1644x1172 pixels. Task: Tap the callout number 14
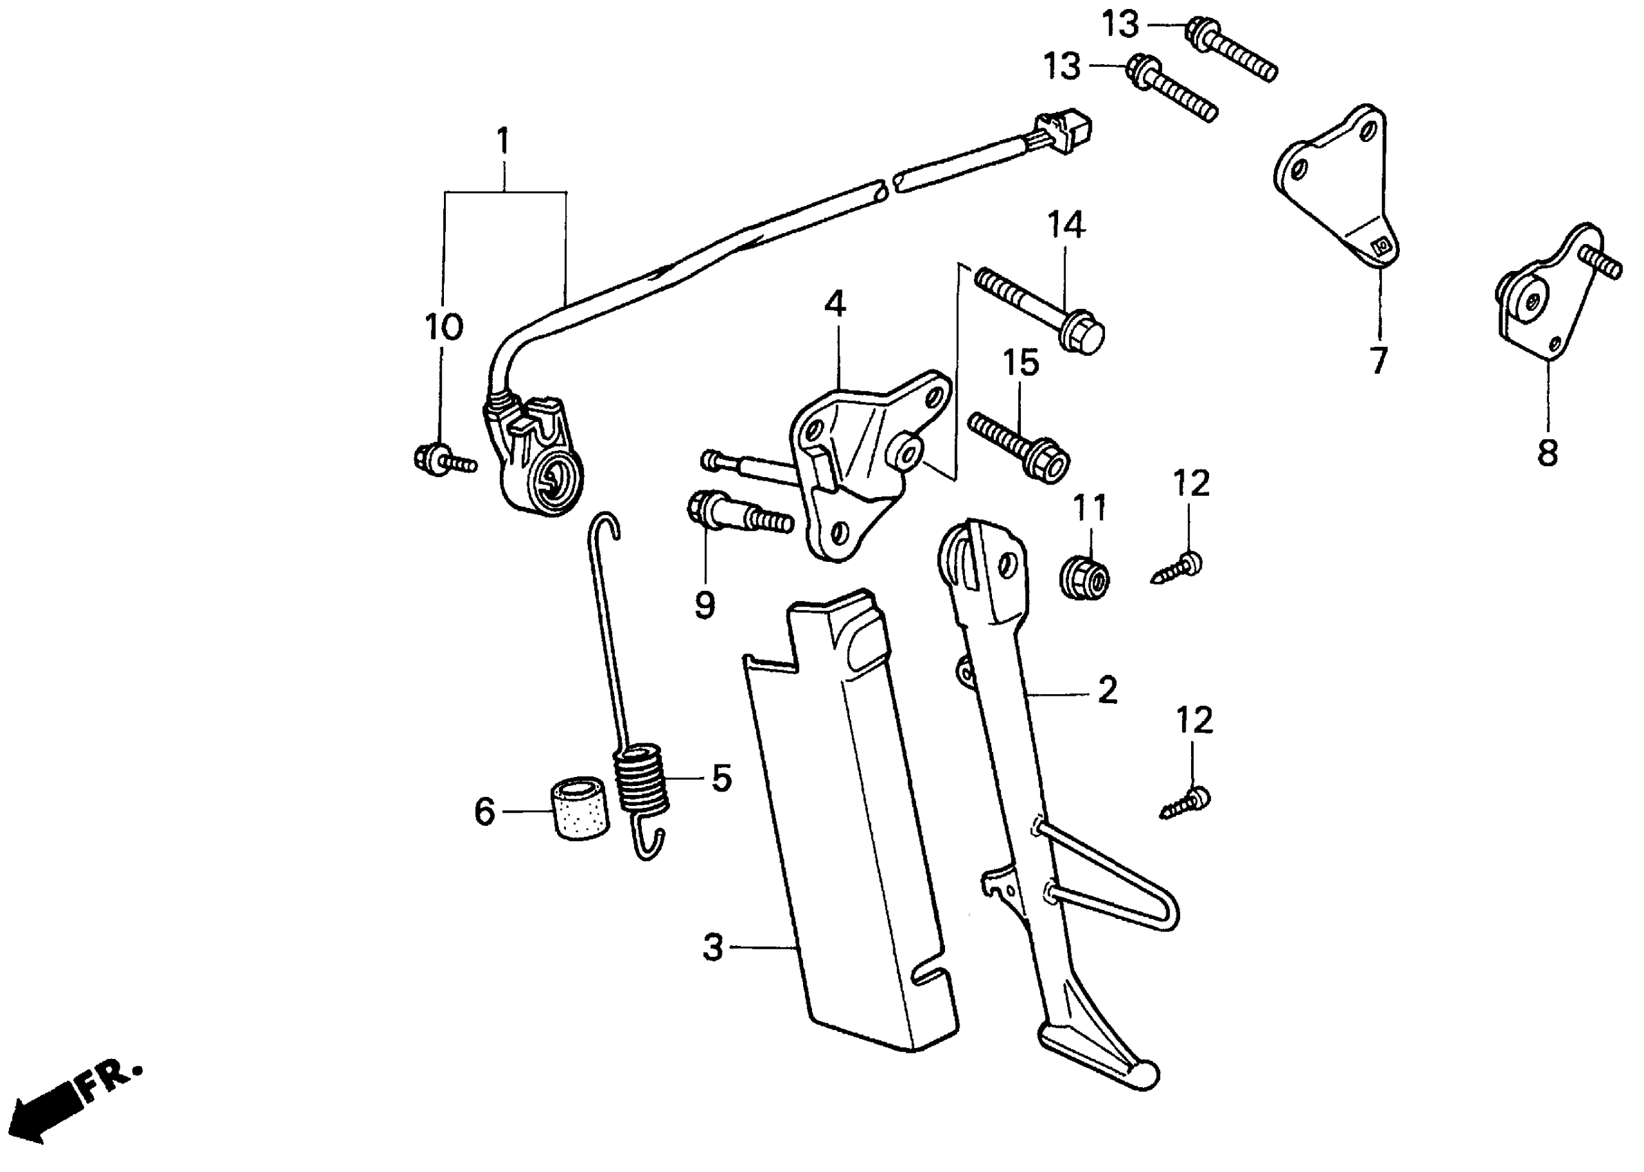tap(1066, 225)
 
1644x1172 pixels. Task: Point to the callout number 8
tap(1547, 453)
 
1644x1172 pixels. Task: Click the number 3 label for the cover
tap(713, 947)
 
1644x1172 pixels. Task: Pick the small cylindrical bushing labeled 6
tap(580, 808)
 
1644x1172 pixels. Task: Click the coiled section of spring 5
tap(641, 781)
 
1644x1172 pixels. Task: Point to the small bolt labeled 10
tap(443, 459)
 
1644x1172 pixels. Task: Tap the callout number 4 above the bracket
tap(835, 305)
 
